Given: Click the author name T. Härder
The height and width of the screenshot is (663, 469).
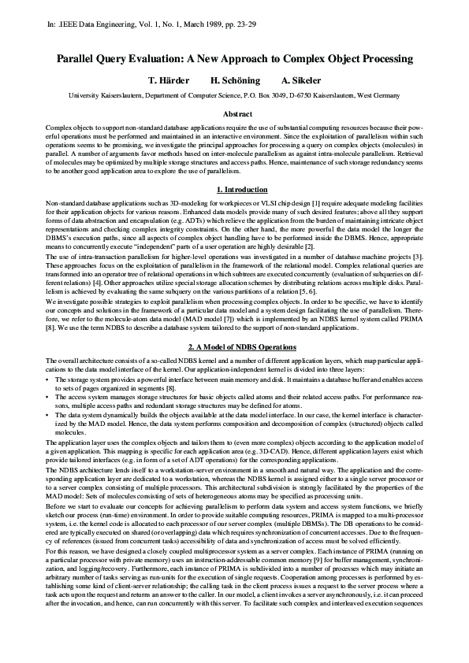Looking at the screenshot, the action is pos(171,81).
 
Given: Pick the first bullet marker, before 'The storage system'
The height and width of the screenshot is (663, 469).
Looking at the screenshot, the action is pos(49,380).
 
